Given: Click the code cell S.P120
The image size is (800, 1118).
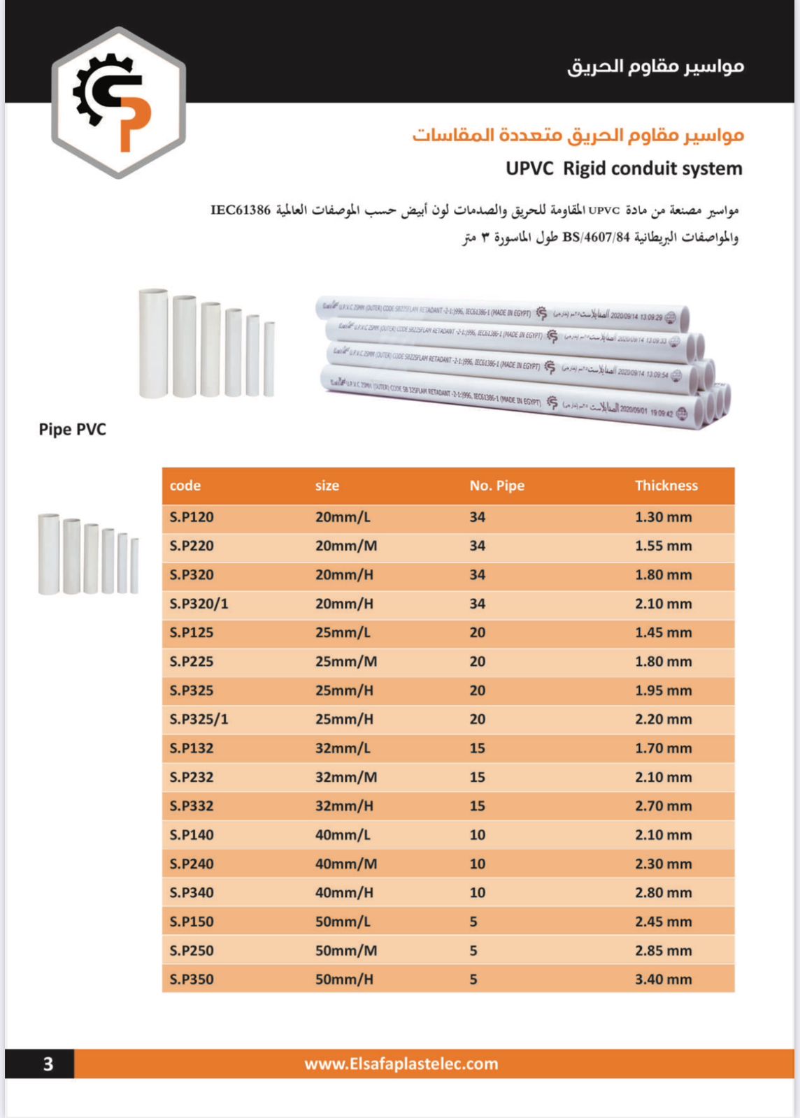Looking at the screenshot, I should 192,517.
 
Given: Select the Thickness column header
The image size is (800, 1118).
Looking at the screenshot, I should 666,486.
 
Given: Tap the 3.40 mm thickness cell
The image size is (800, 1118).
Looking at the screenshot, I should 663,979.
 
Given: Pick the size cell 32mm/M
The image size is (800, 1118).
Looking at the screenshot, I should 345,777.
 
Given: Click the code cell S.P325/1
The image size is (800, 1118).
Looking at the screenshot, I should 199,719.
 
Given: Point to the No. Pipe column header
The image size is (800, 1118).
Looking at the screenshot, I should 497,486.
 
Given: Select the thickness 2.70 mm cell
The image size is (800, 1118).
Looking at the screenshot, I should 663,806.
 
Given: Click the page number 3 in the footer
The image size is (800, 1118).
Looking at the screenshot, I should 48,1063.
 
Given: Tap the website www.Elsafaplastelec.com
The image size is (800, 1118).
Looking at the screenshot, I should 401,1063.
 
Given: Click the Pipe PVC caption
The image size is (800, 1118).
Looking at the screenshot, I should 73,429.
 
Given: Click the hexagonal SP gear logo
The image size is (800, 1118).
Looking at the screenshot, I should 118,102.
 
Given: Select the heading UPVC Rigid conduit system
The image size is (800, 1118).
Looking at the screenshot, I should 624,168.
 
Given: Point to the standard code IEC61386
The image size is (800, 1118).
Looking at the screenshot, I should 241,210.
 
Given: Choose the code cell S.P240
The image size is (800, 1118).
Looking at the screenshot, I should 192,864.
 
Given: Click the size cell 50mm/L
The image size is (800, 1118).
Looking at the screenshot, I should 343,922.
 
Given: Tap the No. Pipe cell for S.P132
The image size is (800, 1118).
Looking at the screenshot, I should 477,748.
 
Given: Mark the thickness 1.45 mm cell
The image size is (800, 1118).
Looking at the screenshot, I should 663,632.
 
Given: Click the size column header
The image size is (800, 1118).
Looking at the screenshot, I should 327,486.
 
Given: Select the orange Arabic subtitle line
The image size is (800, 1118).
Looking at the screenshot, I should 578,134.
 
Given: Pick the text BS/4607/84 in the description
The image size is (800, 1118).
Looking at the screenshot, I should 596,238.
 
